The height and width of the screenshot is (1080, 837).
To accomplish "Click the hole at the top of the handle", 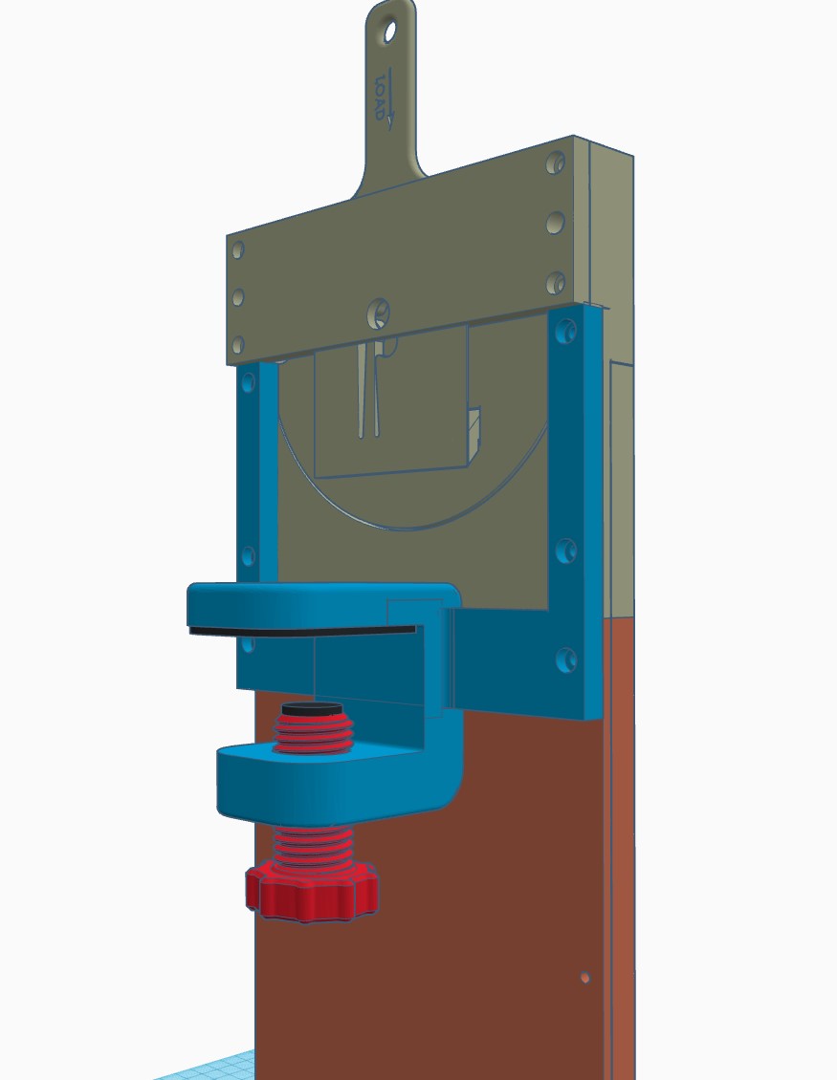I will pyautogui.click(x=390, y=32).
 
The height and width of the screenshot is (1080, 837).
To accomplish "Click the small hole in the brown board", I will pyautogui.click(x=585, y=978).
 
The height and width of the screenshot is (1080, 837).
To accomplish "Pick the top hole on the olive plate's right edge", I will pyautogui.click(x=555, y=163).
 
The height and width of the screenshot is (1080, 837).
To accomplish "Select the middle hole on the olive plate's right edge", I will pyautogui.click(x=555, y=224).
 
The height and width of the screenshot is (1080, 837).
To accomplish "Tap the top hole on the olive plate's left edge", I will pyautogui.click(x=238, y=250).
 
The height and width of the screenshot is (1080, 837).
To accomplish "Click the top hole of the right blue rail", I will pyautogui.click(x=567, y=332).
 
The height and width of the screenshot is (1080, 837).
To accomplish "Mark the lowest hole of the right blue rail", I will pyautogui.click(x=566, y=659).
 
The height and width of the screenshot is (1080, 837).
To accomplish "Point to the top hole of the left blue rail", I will pyautogui.click(x=250, y=384).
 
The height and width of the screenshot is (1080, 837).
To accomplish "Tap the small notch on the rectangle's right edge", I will pyautogui.click(x=474, y=430).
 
